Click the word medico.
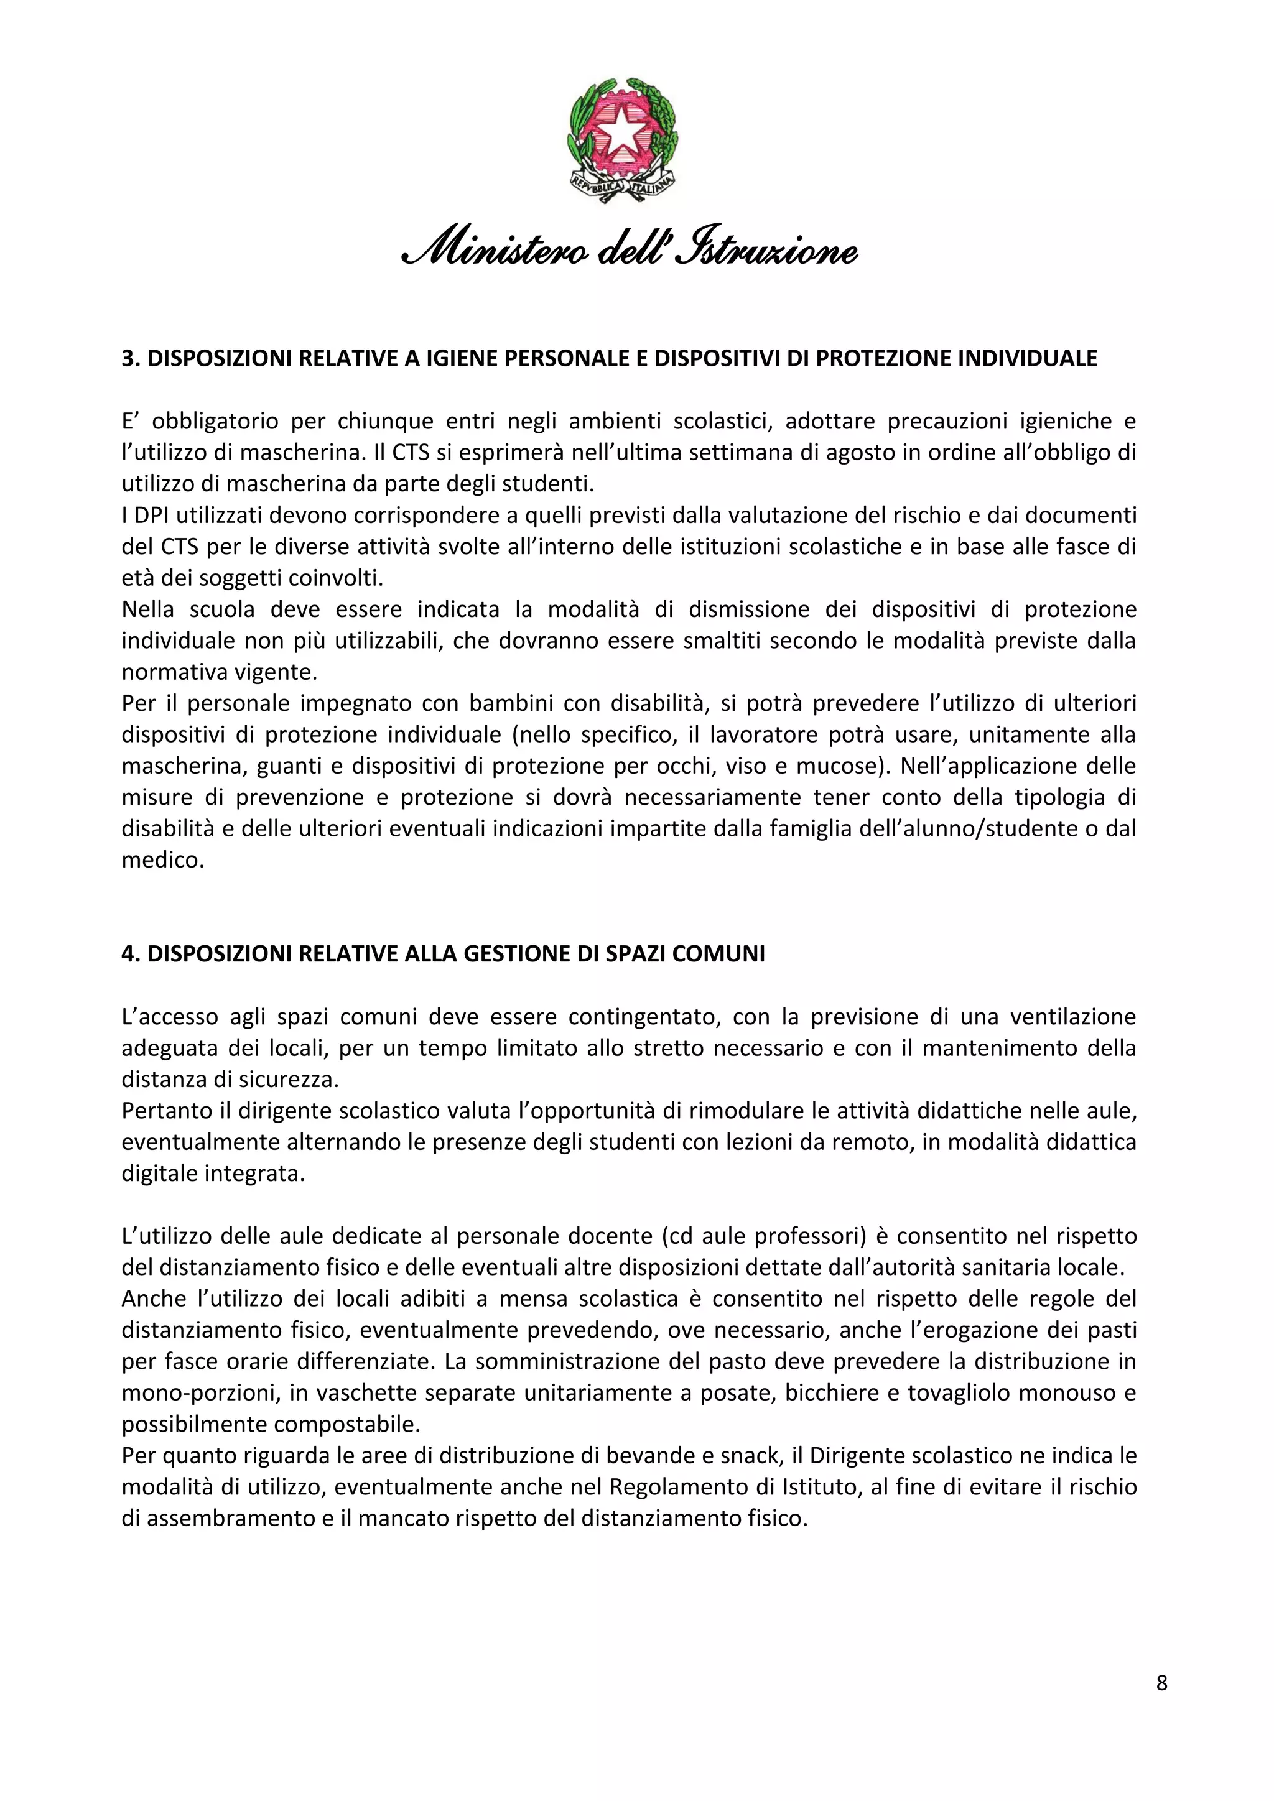coord(162,861)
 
